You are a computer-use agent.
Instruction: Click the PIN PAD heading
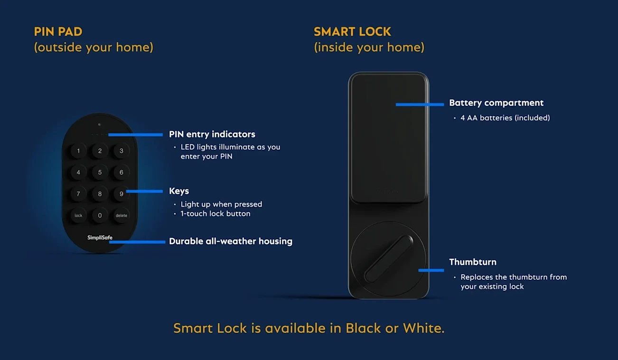pyautogui.click(x=58, y=32)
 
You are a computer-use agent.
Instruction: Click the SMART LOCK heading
pyautogui.click(x=352, y=32)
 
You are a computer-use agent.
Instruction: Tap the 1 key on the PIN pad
pyautogui.click(x=78, y=151)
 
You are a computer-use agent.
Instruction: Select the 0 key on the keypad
pyautogui.click(x=100, y=215)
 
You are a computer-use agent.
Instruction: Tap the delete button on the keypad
pyautogui.click(x=122, y=215)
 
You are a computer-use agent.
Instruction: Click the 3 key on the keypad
pyautogui.click(x=122, y=151)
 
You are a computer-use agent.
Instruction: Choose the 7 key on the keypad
pyautogui.click(x=78, y=194)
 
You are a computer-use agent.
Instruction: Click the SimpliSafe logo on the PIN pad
pyautogui.click(x=100, y=237)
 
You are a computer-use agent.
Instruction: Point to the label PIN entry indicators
pyautogui.click(x=212, y=134)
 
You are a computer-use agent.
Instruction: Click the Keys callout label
pyautogui.click(x=179, y=191)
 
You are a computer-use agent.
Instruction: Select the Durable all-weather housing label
pyautogui.click(x=231, y=241)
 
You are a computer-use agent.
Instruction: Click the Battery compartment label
pyautogui.click(x=496, y=103)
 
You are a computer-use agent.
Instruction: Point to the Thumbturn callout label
pyautogui.click(x=473, y=262)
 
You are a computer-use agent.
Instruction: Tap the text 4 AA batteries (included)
pyautogui.click(x=505, y=118)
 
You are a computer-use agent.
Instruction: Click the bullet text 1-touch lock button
pyautogui.click(x=215, y=214)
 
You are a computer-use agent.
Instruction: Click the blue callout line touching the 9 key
pyautogui.click(x=145, y=191)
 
